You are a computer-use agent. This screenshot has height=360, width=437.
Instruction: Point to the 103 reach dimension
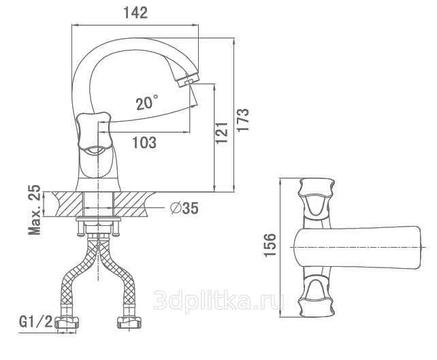(144, 143)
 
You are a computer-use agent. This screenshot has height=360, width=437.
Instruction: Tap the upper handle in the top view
(317, 198)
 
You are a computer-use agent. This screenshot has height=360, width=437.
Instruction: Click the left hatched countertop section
(65, 203)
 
